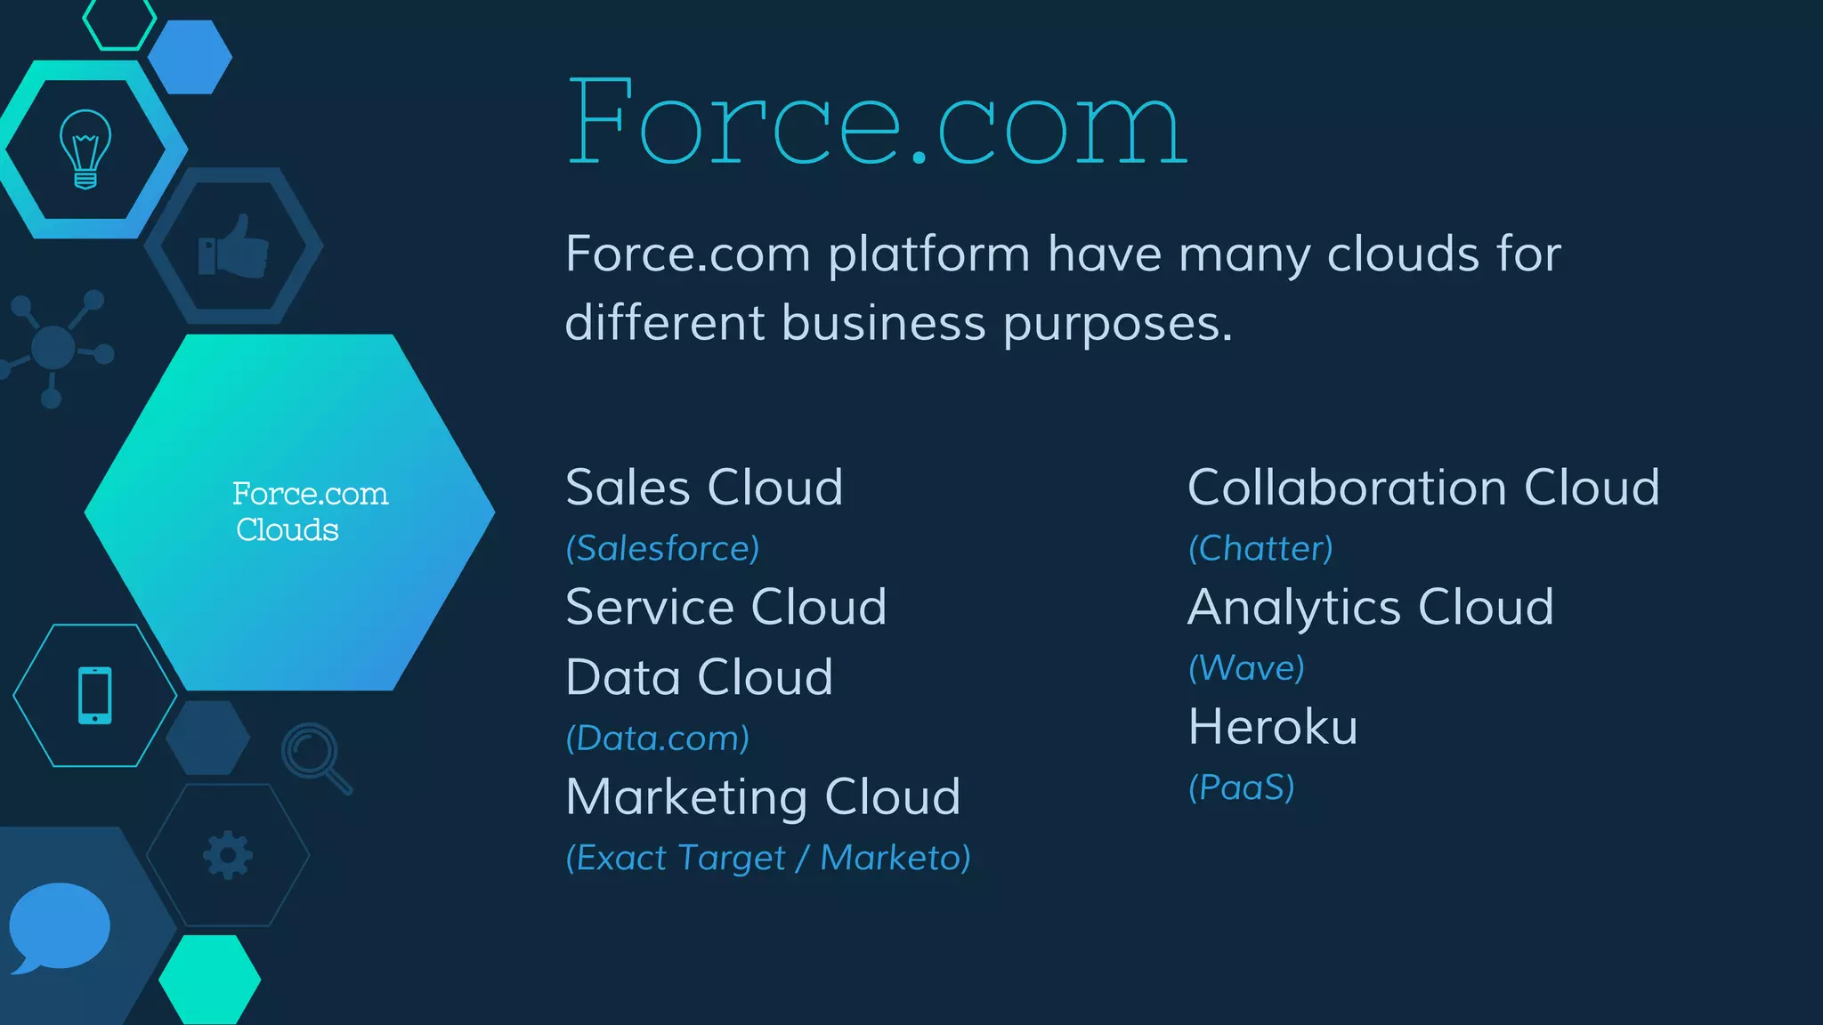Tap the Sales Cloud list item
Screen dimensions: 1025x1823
coord(704,488)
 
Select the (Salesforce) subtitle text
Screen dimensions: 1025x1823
coord(662,548)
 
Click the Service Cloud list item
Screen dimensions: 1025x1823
coord(725,607)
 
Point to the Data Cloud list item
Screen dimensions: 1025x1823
coord(699,677)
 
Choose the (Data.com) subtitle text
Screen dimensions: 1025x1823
coord(657,738)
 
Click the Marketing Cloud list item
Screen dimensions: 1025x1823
coord(763,796)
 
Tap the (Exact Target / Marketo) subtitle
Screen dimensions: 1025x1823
coord(767,858)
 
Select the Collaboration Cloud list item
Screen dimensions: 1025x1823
coord(1423,488)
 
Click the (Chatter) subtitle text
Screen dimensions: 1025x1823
coord(1260,548)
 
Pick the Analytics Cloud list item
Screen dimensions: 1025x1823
coord(1370,607)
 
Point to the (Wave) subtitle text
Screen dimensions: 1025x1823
coord(1246,667)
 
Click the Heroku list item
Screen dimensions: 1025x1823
coord(1273,727)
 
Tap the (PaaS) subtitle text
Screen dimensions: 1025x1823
coord(1241,787)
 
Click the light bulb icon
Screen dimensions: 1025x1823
coord(85,149)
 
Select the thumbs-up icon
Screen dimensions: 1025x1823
coord(233,246)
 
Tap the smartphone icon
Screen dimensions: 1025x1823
coord(95,695)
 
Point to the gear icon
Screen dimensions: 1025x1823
coord(228,855)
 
